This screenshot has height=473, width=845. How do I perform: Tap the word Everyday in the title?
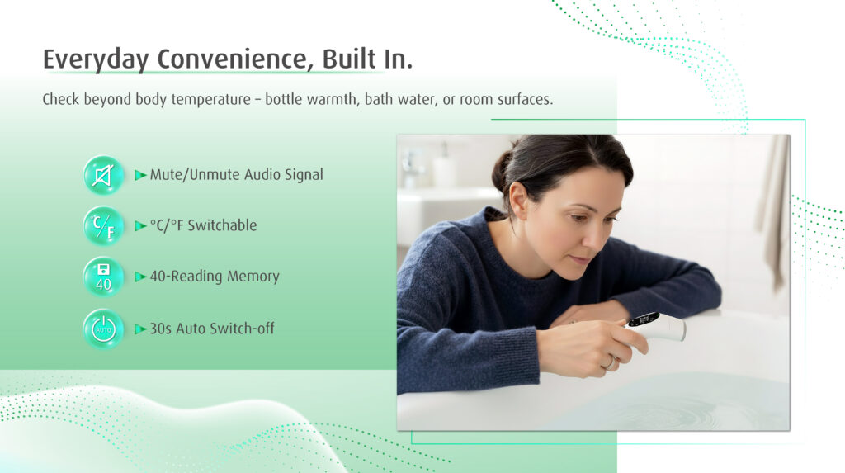96,60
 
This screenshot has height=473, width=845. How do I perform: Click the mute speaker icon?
103,175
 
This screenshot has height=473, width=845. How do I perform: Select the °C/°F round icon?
103,226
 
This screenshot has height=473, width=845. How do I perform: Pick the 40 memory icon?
103,277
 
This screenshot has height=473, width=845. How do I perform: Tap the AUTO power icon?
103,329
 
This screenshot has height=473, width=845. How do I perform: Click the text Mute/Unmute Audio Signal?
237,175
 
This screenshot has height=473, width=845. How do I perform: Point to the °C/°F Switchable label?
203,225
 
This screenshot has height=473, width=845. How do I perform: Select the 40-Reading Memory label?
215,277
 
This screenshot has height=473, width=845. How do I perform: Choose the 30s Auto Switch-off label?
212,329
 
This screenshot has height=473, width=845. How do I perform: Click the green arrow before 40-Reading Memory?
140,277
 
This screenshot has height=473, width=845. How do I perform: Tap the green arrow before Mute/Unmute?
140,175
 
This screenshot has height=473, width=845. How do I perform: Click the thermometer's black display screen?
644,319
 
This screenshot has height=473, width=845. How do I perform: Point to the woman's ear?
519,200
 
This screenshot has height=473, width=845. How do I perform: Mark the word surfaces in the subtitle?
525,99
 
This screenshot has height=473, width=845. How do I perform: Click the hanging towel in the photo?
775,210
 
